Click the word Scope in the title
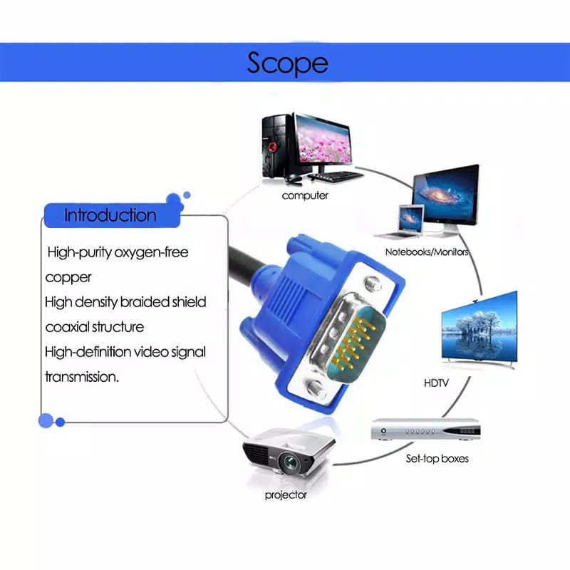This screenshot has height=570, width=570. point(287,63)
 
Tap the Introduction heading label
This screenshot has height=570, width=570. point(110,215)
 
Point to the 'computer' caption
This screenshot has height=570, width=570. point(305,195)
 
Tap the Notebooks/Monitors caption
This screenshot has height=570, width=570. point(427,252)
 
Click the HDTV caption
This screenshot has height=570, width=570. point(436,383)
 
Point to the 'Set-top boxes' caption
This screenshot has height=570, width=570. point(437,458)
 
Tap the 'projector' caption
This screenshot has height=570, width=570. point(286,494)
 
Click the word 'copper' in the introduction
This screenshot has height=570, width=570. point(68,277)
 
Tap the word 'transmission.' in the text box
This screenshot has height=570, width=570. point(82,377)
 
